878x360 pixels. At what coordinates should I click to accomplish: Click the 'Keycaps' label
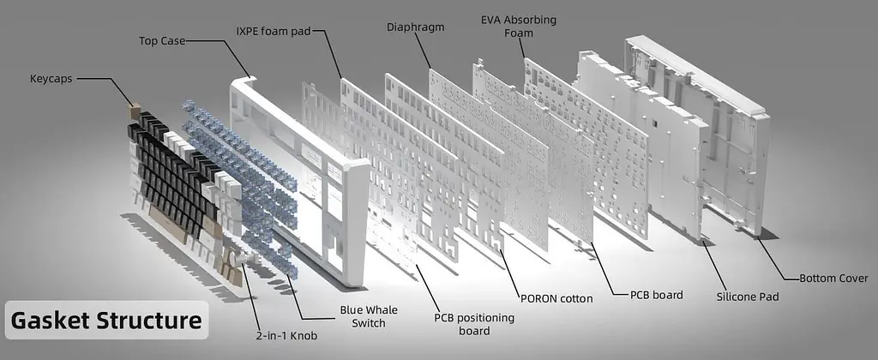(51, 79)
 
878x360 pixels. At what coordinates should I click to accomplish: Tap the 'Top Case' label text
(162, 41)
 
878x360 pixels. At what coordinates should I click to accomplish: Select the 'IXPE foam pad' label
(274, 31)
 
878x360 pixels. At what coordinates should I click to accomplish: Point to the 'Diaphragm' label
(416, 27)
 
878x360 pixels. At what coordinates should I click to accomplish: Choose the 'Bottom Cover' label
(833, 278)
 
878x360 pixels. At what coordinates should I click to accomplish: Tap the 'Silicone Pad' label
(748, 297)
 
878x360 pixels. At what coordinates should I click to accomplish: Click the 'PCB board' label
(656, 295)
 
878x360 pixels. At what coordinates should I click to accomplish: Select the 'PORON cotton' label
(556, 298)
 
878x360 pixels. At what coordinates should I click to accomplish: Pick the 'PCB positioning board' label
(474, 324)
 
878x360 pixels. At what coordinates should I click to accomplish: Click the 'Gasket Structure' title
(106, 321)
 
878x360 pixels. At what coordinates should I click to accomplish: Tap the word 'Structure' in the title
(149, 321)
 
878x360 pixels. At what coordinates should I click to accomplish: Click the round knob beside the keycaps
(233, 261)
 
